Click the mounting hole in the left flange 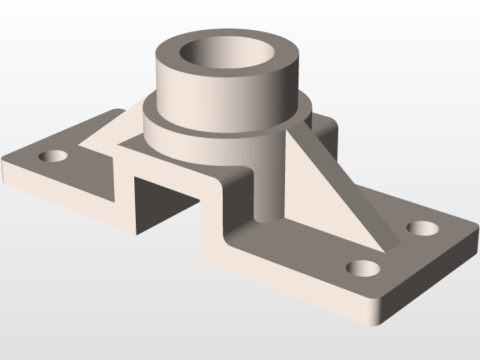pyautogui.click(x=54, y=157)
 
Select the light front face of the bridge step pyautogui.click(x=214, y=225)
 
